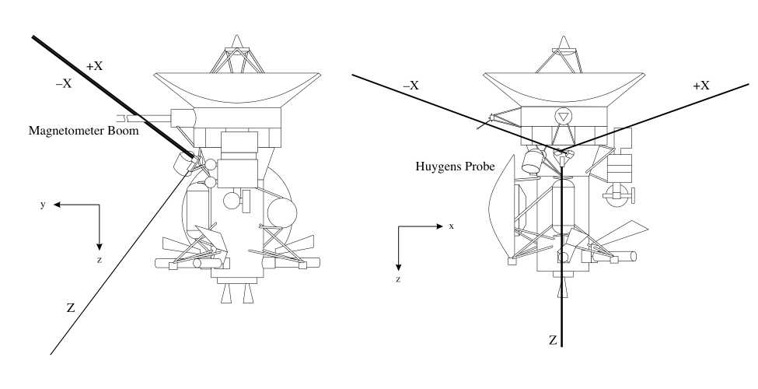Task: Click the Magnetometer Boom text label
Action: (84, 131)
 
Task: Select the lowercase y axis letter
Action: (44, 204)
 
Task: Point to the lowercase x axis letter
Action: (451, 226)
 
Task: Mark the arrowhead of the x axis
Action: (440, 226)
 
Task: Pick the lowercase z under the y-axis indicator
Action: (100, 260)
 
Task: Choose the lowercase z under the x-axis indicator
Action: (398, 278)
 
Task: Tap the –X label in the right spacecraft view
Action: (410, 85)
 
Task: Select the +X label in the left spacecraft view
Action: (94, 66)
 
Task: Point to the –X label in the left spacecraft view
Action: (64, 83)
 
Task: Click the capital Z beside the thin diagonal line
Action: (71, 308)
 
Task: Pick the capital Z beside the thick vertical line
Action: (553, 340)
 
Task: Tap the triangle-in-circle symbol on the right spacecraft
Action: (562, 117)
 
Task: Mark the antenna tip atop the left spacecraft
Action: (238, 39)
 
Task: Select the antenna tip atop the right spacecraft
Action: (565, 39)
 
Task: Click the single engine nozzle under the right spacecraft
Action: (561, 289)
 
